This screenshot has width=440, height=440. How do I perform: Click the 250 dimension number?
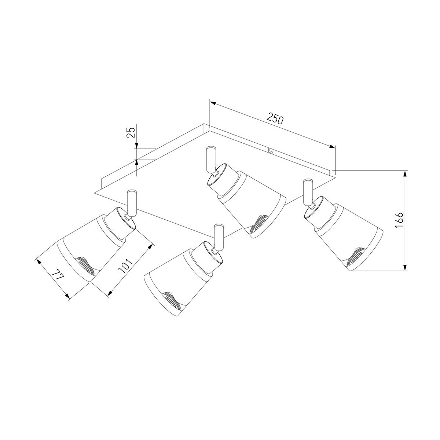click(275, 118)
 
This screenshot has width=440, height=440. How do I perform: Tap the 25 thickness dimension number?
click(131, 132)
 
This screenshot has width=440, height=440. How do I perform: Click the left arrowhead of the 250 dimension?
click(213, 103)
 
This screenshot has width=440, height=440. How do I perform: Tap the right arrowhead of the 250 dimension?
click(332, 146)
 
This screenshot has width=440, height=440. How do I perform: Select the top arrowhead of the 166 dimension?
click(405, 174)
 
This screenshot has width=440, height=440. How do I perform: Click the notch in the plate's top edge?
click(271, 150)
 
